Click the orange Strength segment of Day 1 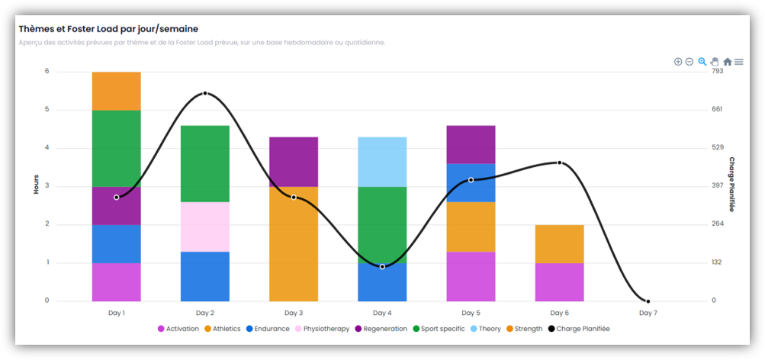(x=116, y=91)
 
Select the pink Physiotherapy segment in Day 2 (x=204, y=227)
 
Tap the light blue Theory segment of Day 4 (x=382, y=162)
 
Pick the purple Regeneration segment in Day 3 (x=294, y=162)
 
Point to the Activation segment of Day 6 (x=559, y=282)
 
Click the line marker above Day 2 (x=205, y=93)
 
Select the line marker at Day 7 (x=648, y=301)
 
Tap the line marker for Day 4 (x=382, y=266)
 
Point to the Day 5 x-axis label (x=471, y=313)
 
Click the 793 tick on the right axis (x=717, y=71)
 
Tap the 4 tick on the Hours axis (x=47, y=148)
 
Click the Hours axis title (x=36, y=184)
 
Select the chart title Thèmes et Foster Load (x=108, y=28)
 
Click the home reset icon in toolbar (x=727, y=62)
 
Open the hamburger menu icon (x=739, y=62)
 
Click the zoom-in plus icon (x=678, y=62)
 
